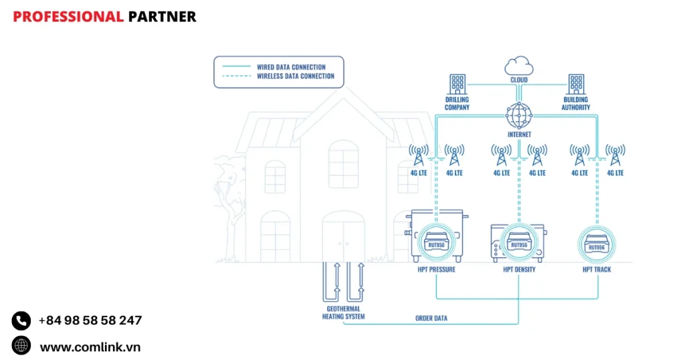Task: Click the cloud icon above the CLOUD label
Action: tap(519, 66)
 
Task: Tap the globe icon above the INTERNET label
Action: tap(519, 116)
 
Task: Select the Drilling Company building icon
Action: tap(458, 84)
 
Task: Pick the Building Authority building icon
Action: tap(576, 84)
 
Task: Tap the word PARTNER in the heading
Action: tap(162, 17)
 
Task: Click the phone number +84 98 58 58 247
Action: tap(90, 321)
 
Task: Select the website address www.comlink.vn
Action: tap(90, 347)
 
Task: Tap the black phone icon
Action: tap(21, 321)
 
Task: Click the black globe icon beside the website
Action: tap(21, 346)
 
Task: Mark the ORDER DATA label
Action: tap(431, 319)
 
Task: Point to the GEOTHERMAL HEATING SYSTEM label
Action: tap(344, 312)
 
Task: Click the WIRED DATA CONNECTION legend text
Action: tap(291, 67)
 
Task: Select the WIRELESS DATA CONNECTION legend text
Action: tap(296, 76)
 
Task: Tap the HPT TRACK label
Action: tap(597, 270)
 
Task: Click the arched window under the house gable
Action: tap(343, 164)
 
